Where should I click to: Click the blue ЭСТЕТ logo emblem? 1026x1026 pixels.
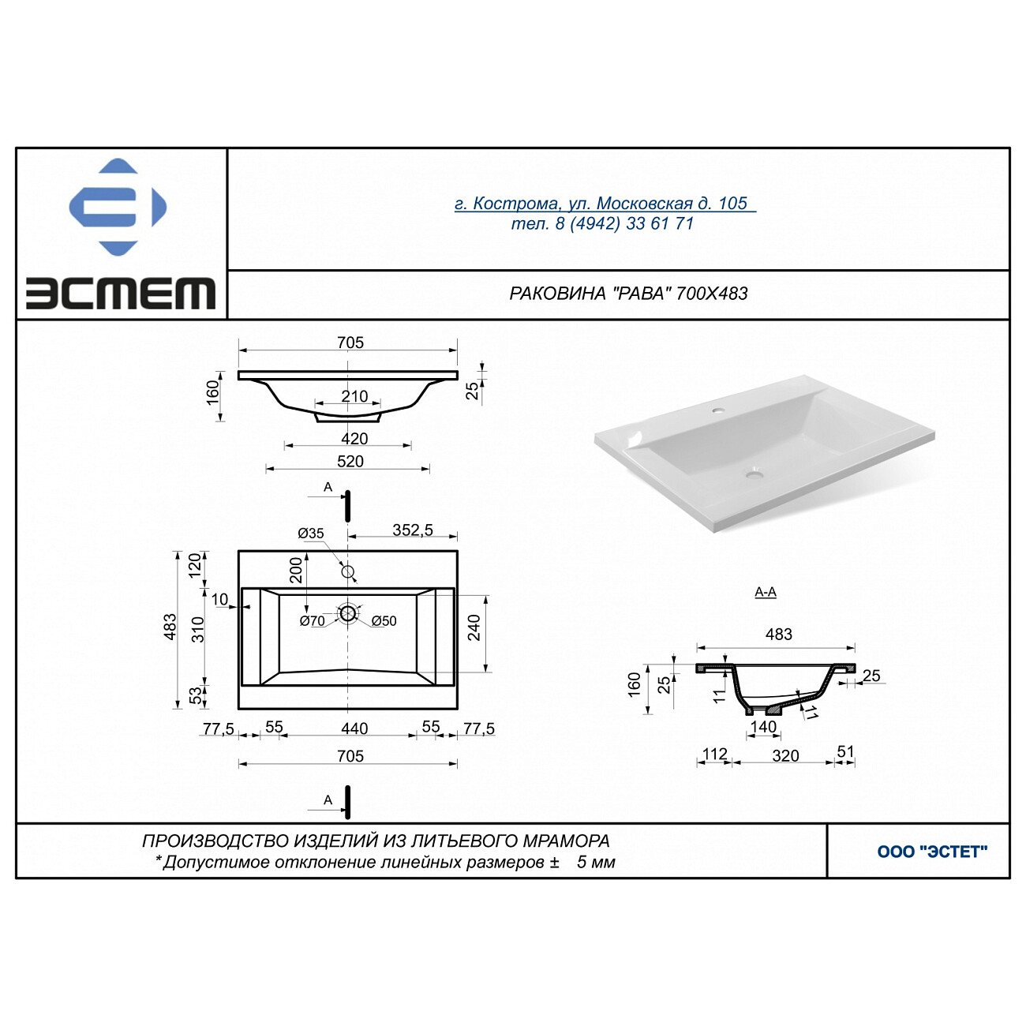[x=118, y=207]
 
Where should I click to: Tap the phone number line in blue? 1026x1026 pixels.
[x=602, y=223]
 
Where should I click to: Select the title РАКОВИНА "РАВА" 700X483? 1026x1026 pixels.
[x=628, y=294]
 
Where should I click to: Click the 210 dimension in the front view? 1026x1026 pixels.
[x=354, y=396]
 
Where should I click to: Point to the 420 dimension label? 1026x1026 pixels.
[x=354, y=439]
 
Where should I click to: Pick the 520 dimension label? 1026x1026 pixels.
[x=350, y=461]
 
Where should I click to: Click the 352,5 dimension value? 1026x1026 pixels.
[x=413, y=530]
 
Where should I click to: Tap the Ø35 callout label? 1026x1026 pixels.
[x=311, y=533]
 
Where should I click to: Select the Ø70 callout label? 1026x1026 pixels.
[x=312, y=621]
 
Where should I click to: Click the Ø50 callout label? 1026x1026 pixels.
[x=384, y=621]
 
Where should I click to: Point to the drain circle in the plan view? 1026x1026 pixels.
[x=348, y=613]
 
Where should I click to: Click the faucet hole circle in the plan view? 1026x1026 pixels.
[x=348, y=572]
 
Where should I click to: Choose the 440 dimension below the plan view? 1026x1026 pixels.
[x=354, y=728]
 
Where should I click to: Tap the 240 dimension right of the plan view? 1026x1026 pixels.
[x=474, y=627]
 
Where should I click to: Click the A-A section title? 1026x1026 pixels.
[x=766, y=592]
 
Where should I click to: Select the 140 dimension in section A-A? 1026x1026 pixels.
[x=763, y=727]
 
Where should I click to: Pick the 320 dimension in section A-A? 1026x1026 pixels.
[x=786, y=755]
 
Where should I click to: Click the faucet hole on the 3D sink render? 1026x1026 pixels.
[x=719, y=411]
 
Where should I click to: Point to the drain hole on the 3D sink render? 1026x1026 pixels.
[x=755, y=473]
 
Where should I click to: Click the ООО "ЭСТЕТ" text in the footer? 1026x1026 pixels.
[x=932, y=852]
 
